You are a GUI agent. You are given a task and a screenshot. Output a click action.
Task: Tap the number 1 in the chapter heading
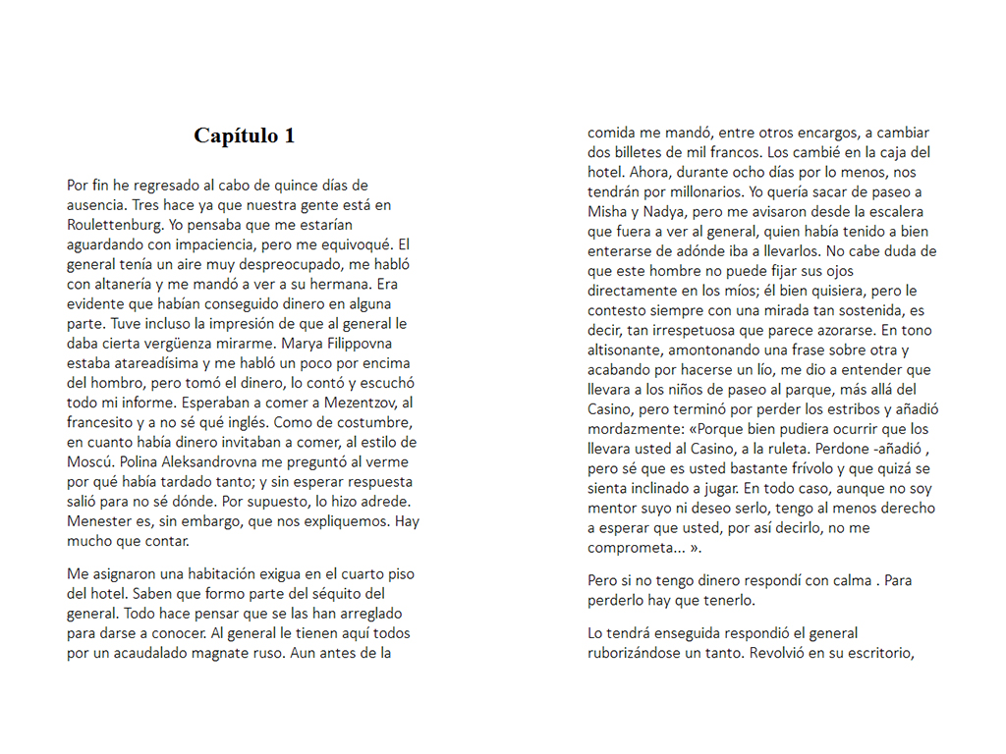[x=289, y=135]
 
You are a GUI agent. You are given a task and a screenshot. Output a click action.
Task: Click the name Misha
[x=606, y=211]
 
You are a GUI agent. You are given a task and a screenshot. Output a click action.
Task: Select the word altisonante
[x=630, y=350]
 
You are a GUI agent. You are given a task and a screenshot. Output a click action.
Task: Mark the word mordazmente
[x=635, y=429]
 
